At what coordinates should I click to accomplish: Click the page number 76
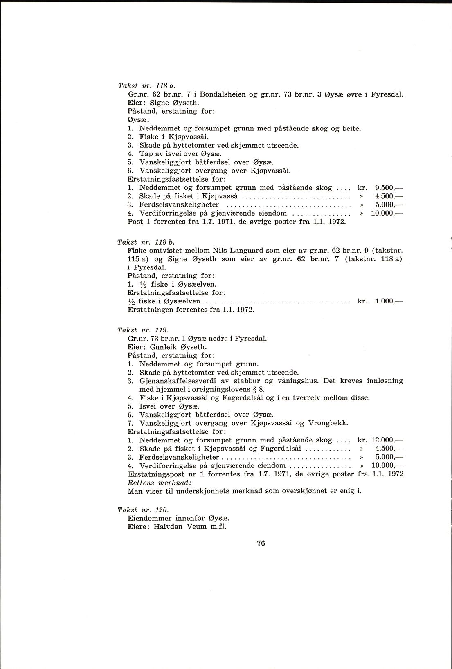click(261, 543)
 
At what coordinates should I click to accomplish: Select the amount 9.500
click(384, 188)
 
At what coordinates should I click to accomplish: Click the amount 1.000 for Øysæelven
click(384, 301)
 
